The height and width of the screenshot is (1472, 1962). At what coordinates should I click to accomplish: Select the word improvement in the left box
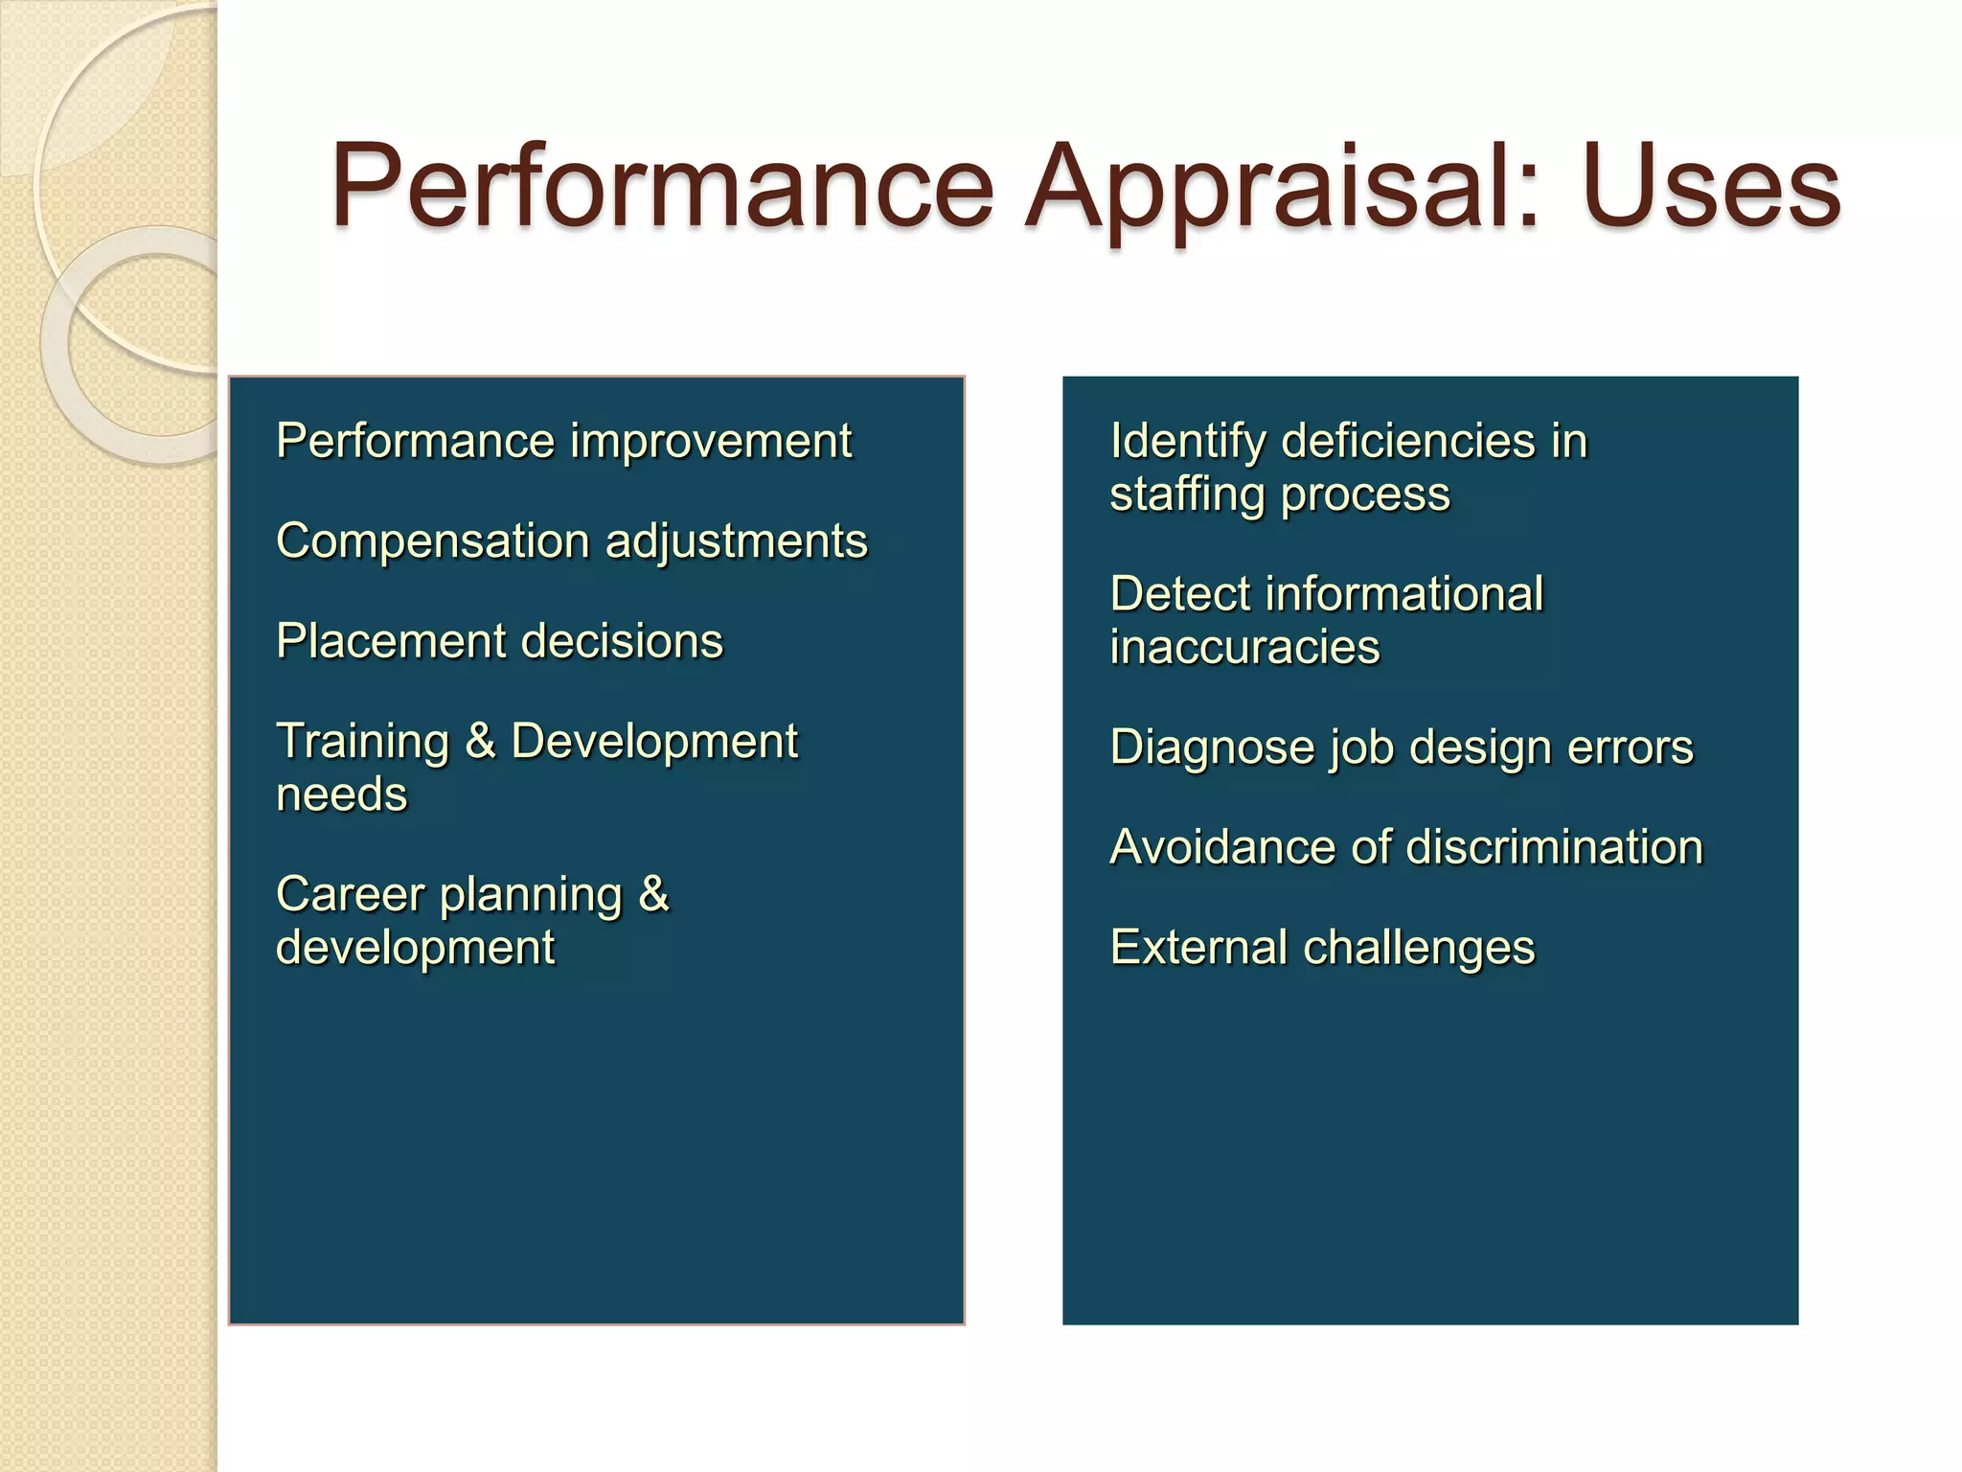710,442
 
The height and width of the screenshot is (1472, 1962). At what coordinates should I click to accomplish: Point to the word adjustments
737,542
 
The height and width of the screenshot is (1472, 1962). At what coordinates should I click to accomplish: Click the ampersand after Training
480,742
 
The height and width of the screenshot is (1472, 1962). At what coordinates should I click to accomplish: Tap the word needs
341,795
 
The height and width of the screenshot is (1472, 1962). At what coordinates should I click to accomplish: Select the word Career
350,895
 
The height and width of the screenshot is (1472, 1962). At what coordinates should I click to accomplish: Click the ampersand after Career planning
653,895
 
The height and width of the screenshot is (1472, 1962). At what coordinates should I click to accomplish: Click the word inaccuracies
1244,648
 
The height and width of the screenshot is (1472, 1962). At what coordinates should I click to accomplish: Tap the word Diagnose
1211,747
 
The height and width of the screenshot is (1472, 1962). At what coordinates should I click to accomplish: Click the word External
1198,948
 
